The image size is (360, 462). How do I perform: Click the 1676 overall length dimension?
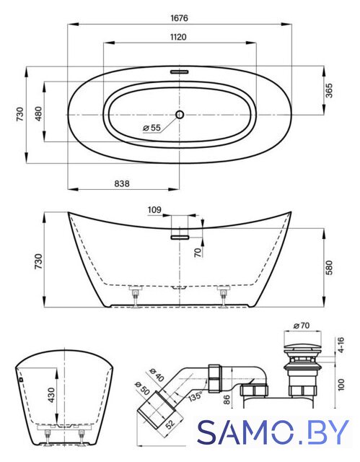(179, 18)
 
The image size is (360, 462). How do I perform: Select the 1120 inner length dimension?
(178, 37)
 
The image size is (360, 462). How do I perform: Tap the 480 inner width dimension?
(38, 114)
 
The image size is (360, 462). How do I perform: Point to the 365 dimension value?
(329, 90)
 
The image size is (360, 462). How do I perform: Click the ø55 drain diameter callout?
(152, 128)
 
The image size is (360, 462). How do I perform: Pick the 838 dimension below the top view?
(122, 183)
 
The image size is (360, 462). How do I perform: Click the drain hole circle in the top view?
(180, 115)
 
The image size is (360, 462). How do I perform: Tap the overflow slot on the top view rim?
(179, 71)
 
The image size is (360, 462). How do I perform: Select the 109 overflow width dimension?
(154, 210)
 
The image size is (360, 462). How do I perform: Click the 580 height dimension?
(329, 268)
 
